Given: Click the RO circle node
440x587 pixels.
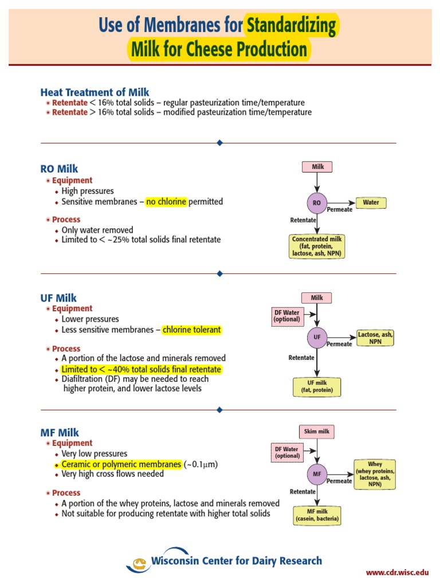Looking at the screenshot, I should tap(316, 203).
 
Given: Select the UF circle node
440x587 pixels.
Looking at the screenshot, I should tap(317, 338).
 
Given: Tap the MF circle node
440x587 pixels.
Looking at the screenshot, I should tap(317, 474).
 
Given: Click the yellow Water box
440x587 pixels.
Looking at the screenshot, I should tap(371, 202).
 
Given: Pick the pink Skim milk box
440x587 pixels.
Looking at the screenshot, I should tap(316, 432).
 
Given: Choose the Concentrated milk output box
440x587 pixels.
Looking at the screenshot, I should tap(317, 246).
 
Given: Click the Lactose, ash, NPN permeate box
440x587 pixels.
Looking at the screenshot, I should tap(375, 338).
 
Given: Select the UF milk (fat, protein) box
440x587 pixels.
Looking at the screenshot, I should tap(317, 387).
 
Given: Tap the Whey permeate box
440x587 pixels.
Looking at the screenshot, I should tap(375, 473).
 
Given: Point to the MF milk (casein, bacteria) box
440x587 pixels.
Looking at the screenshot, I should tap(317, 515).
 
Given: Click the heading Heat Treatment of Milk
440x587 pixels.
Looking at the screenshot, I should tap(95, 92).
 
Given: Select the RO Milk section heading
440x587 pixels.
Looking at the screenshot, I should tap(59, 169).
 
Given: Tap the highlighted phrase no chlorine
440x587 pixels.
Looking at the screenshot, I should tap(166, 202).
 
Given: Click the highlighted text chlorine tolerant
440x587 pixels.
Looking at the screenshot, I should tap(191, 330).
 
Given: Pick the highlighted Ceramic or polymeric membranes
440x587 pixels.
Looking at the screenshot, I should tap(121, 464).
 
